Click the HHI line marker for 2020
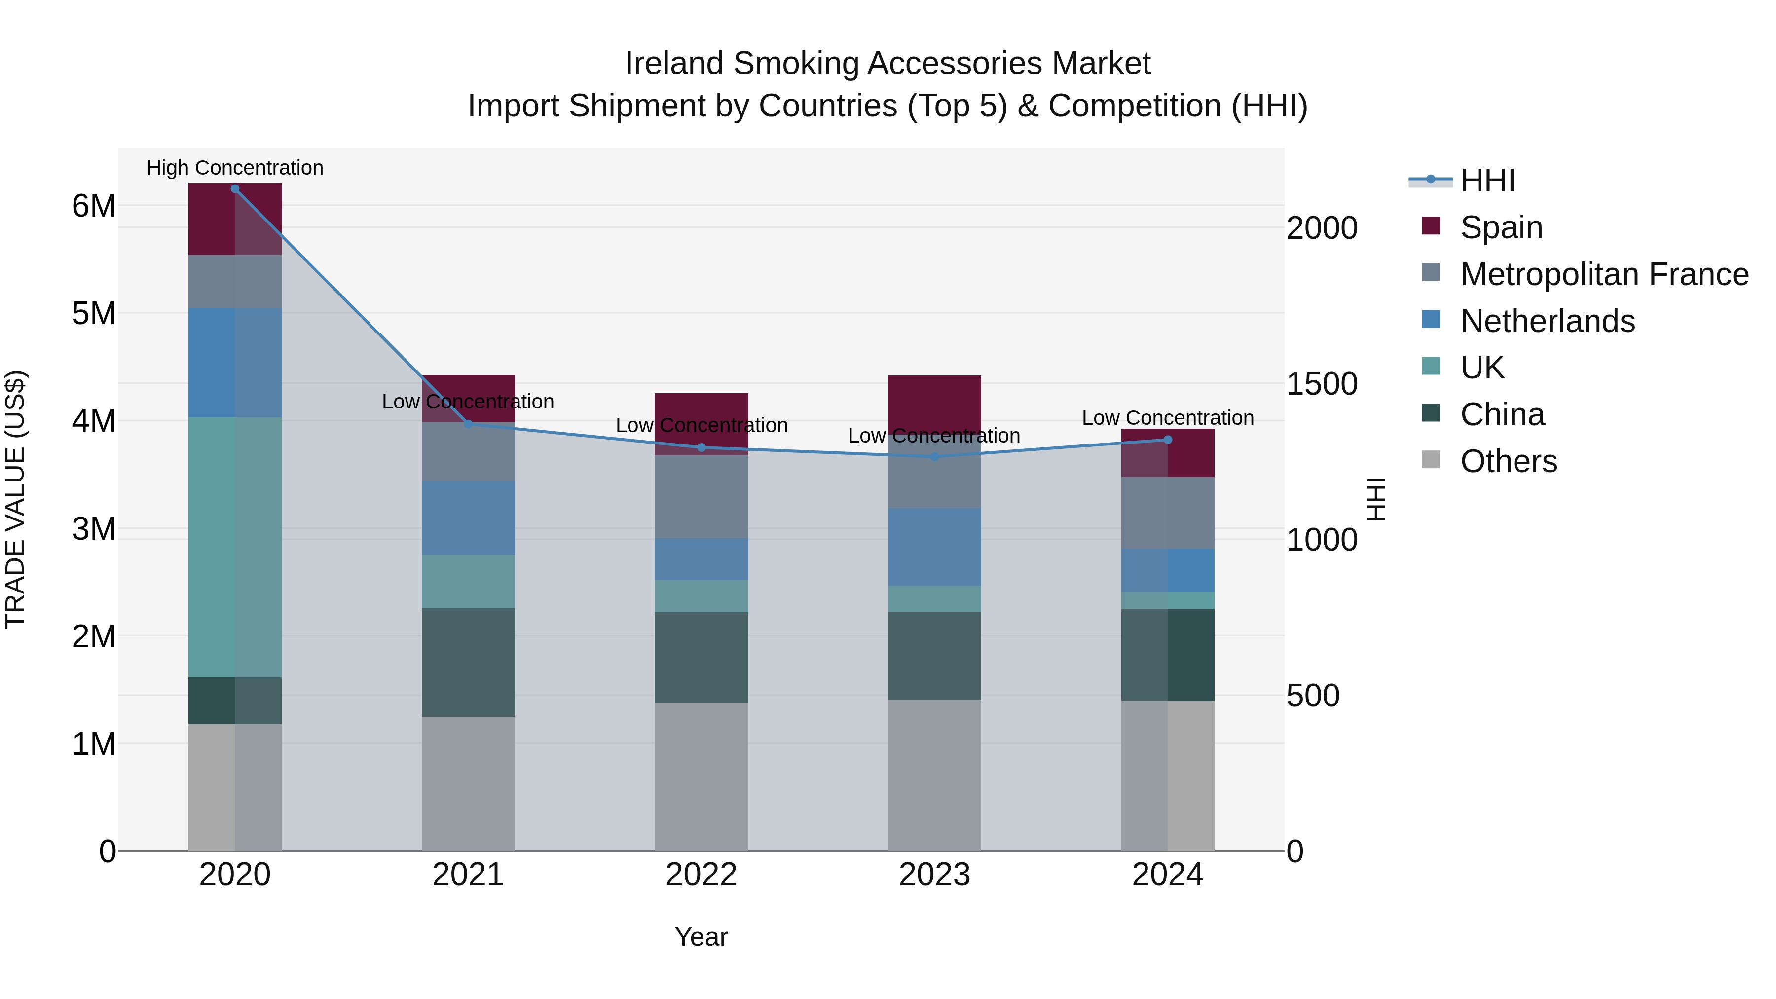click(235, 189)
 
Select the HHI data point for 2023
click(935, 456)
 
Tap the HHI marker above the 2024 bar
click(1168, 440)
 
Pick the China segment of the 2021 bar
click(468, 662)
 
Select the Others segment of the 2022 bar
click(701, 777)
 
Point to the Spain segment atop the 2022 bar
click(701, 407)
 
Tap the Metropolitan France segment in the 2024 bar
click(1168, 513)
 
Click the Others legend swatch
click(1431, 460)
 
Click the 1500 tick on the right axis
click(1322, 384)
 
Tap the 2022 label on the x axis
click(701, 875)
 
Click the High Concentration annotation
click(235, 168)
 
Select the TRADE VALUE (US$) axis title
click(15, 499)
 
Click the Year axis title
click(701, 937)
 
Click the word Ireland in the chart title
click(674, 64)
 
